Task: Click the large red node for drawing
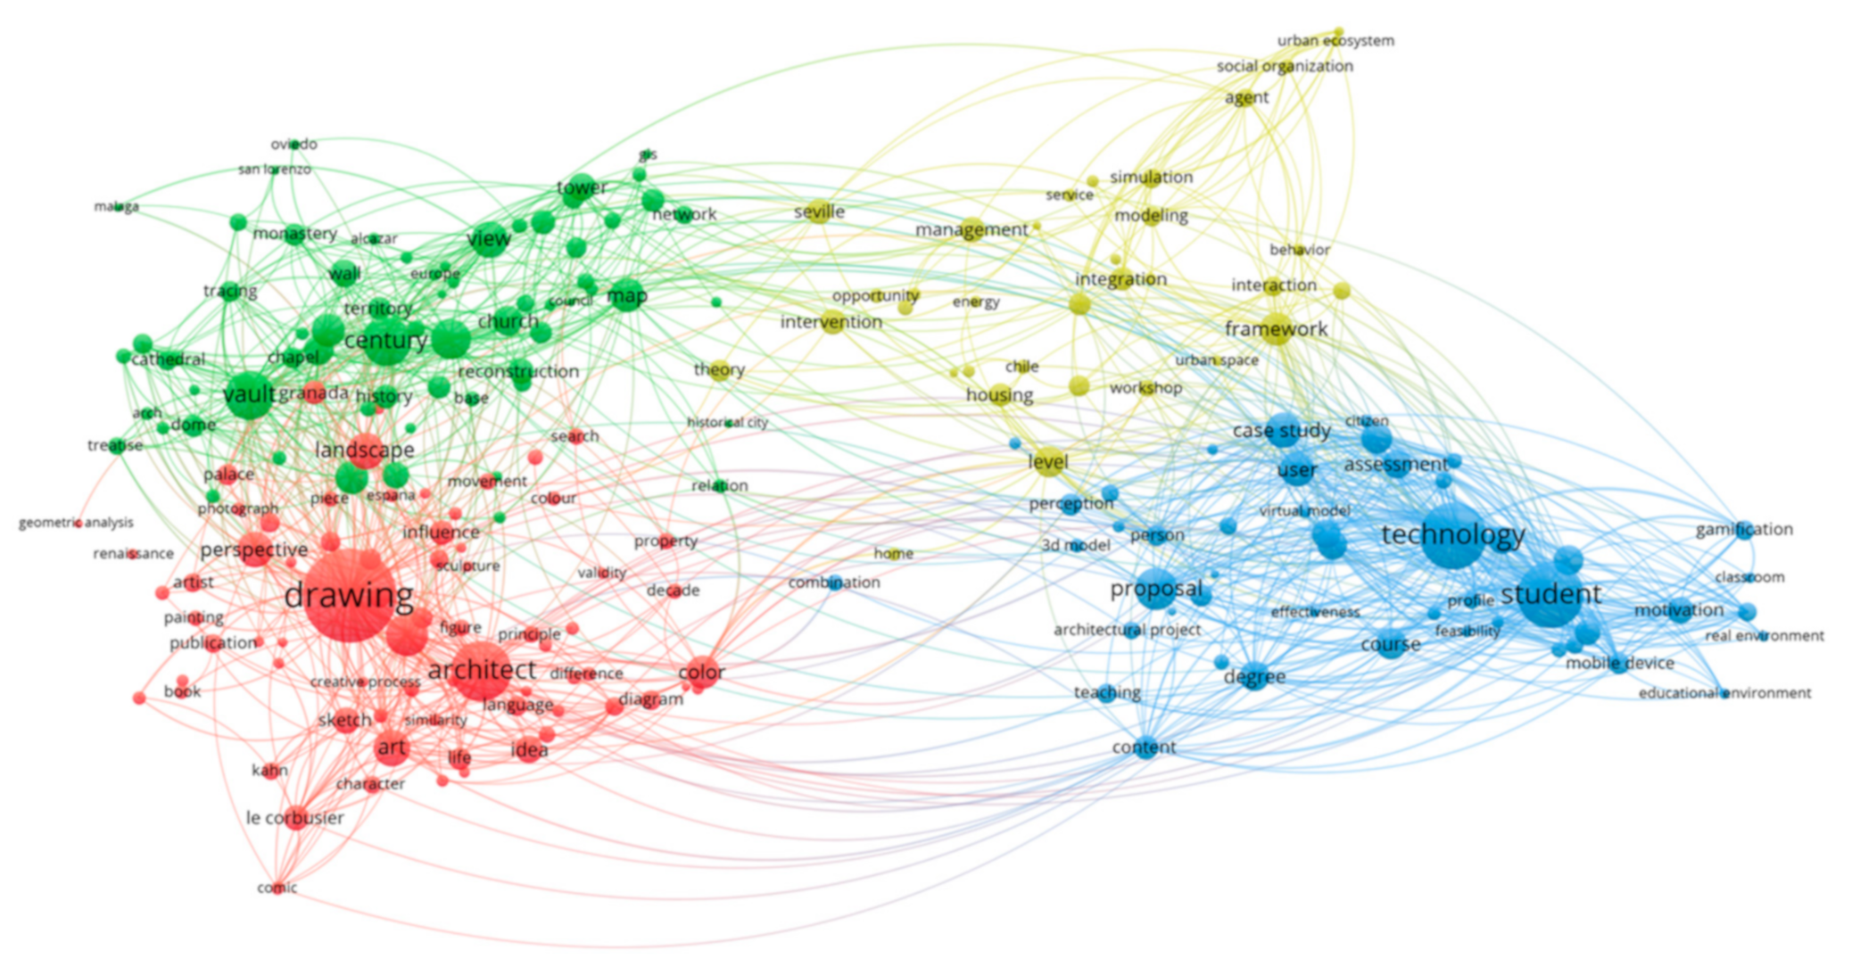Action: pos(349,595)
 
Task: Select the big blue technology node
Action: pos(1452,536)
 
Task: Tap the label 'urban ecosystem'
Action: pos(1335,40)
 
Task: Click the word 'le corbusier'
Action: pos(294,817)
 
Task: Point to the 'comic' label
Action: pos(277,887)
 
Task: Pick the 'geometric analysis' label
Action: pos(76,522)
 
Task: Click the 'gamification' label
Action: pos(1743,529)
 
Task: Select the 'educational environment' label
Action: pos(1724,692)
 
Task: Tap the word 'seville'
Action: pos(819,211)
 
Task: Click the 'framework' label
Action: pos(1276,329)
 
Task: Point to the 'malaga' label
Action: pos(117,206)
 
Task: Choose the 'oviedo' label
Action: pos(294,144)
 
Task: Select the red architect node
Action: pos(482,670)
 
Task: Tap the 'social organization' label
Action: pos(1285,66)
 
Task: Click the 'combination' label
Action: pos(833,583)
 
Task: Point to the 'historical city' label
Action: pos(727,422)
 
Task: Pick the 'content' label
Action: pos(1144,747)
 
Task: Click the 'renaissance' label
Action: pos(133,553)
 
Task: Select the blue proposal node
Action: pos(1156,590)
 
